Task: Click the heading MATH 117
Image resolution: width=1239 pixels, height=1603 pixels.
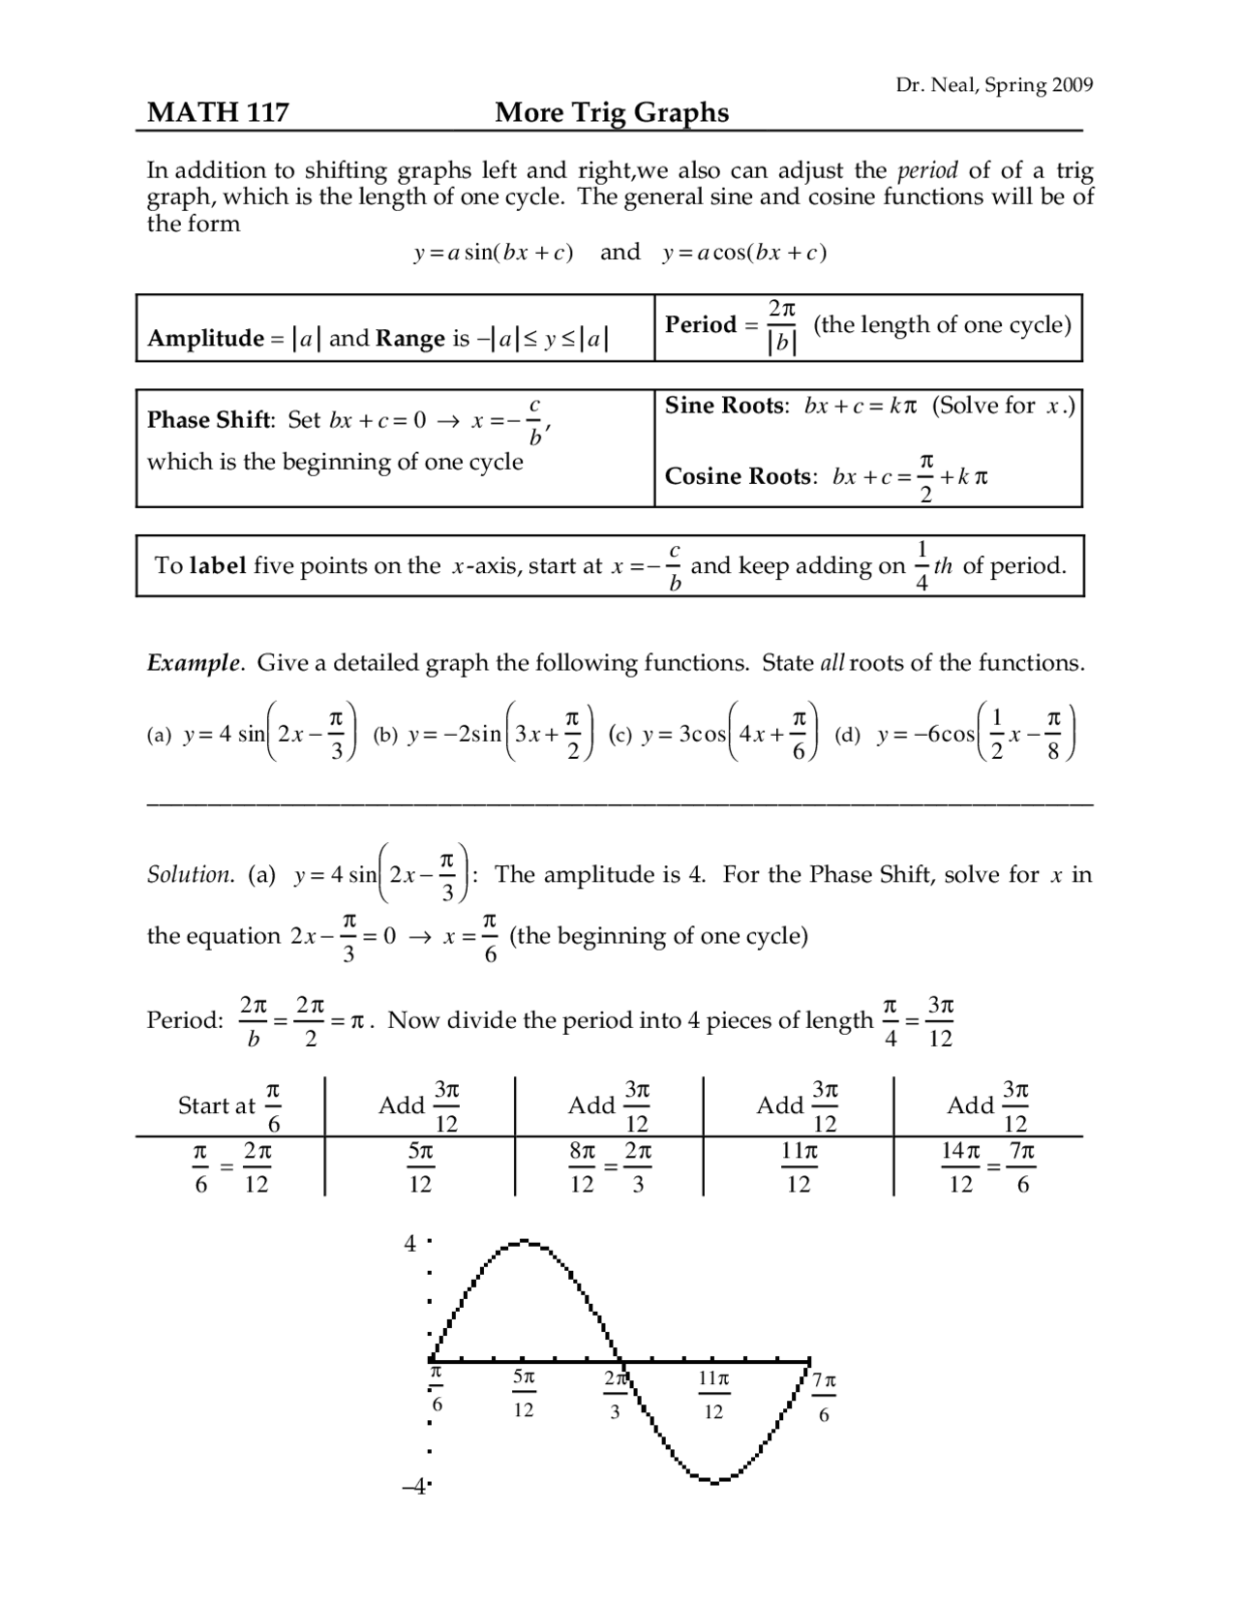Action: tap(218, 113)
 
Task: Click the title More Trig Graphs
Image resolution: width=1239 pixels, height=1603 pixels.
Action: tap(612, 113)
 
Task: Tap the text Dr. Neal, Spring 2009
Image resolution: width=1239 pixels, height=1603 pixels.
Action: tap(994, 85)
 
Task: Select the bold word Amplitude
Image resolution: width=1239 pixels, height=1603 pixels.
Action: tap(205, 338)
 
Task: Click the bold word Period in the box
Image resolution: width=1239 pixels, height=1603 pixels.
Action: tap(701, 324)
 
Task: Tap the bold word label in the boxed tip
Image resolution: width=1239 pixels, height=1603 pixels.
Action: tap(218, 565)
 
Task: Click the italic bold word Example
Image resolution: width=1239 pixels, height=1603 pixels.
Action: tap(194, 663)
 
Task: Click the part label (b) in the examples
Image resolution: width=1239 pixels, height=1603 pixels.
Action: tap(385, 735)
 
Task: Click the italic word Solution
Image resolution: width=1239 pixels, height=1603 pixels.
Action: tap(190, 875)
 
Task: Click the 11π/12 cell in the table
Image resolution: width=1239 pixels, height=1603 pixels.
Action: tap(799, 1167)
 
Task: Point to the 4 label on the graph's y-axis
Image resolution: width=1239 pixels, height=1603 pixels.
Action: tap(410, 1243)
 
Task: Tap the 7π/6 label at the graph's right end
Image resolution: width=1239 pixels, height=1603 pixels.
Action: tap(825, 1396)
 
